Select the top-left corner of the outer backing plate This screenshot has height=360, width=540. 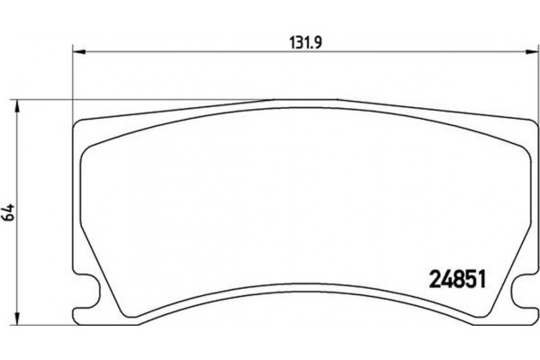(x=76, y=121)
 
